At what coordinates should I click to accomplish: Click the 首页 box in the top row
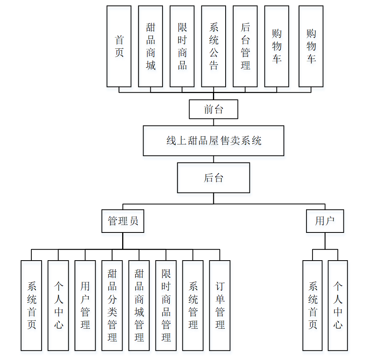coord(119,46)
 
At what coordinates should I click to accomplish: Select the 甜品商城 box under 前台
coord(150,46)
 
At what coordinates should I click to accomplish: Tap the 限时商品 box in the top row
coord(182,46)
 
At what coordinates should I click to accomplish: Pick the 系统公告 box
coord(214,46)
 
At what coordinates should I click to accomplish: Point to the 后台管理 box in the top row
coord(245,46)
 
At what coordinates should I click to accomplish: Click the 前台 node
coord(213,109)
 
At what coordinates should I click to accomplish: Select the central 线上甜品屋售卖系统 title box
coord(213,141)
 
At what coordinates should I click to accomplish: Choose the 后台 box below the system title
coord(213,178)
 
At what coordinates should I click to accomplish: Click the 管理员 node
coord(123,221)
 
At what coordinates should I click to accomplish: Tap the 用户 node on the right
coord(325,221)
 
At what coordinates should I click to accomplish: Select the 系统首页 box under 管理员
coord(31,305)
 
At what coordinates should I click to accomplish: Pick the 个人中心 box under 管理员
coord(58,305)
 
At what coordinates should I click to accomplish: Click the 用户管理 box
coord(85,305)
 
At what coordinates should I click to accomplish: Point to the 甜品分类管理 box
coord(112,305)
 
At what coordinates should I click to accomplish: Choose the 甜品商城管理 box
coord(139,305)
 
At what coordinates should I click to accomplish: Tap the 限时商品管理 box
coord(166,305)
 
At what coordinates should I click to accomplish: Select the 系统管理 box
coord(193,305)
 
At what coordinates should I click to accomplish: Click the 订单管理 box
coord(220,305)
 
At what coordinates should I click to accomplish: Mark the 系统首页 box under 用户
coord(312,305)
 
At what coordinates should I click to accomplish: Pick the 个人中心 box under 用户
coord(338,305)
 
